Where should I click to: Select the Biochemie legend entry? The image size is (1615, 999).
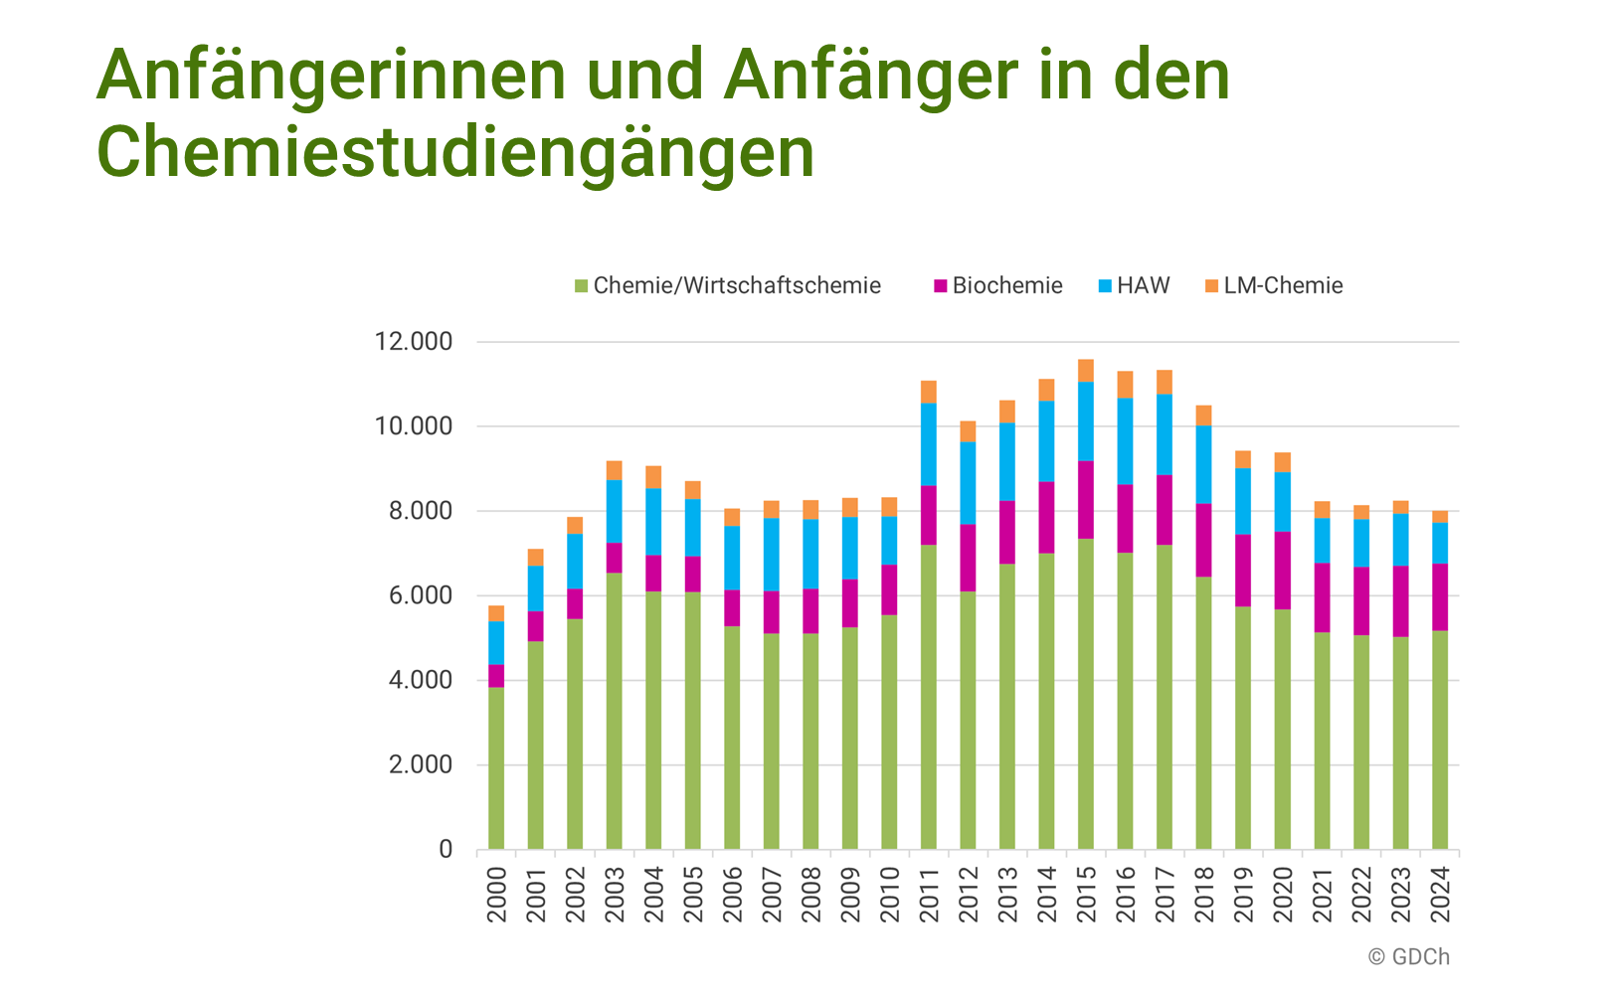coord(998,286)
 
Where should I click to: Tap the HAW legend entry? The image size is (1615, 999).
coord(1135,286)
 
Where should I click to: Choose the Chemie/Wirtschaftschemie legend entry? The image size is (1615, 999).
coord(728,286)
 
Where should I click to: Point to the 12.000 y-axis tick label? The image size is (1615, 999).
coord(413,342)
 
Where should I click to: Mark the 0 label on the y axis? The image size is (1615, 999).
coord(445,850)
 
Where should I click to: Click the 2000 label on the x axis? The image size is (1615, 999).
coord(496,895)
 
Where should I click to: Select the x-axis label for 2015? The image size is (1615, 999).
coord(1086,895)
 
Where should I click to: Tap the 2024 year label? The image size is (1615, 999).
coord(1440,895)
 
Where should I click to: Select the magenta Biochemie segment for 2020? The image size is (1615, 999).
coord(1283,571)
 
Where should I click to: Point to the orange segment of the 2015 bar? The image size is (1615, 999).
coord(1086,371)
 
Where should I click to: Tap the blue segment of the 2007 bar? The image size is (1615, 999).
coord(772,555)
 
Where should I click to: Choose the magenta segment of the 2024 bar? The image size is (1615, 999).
coord(1440,597)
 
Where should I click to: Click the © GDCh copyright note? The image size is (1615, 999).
coord(1408,957)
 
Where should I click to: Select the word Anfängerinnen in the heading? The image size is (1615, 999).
coord(332,75)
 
